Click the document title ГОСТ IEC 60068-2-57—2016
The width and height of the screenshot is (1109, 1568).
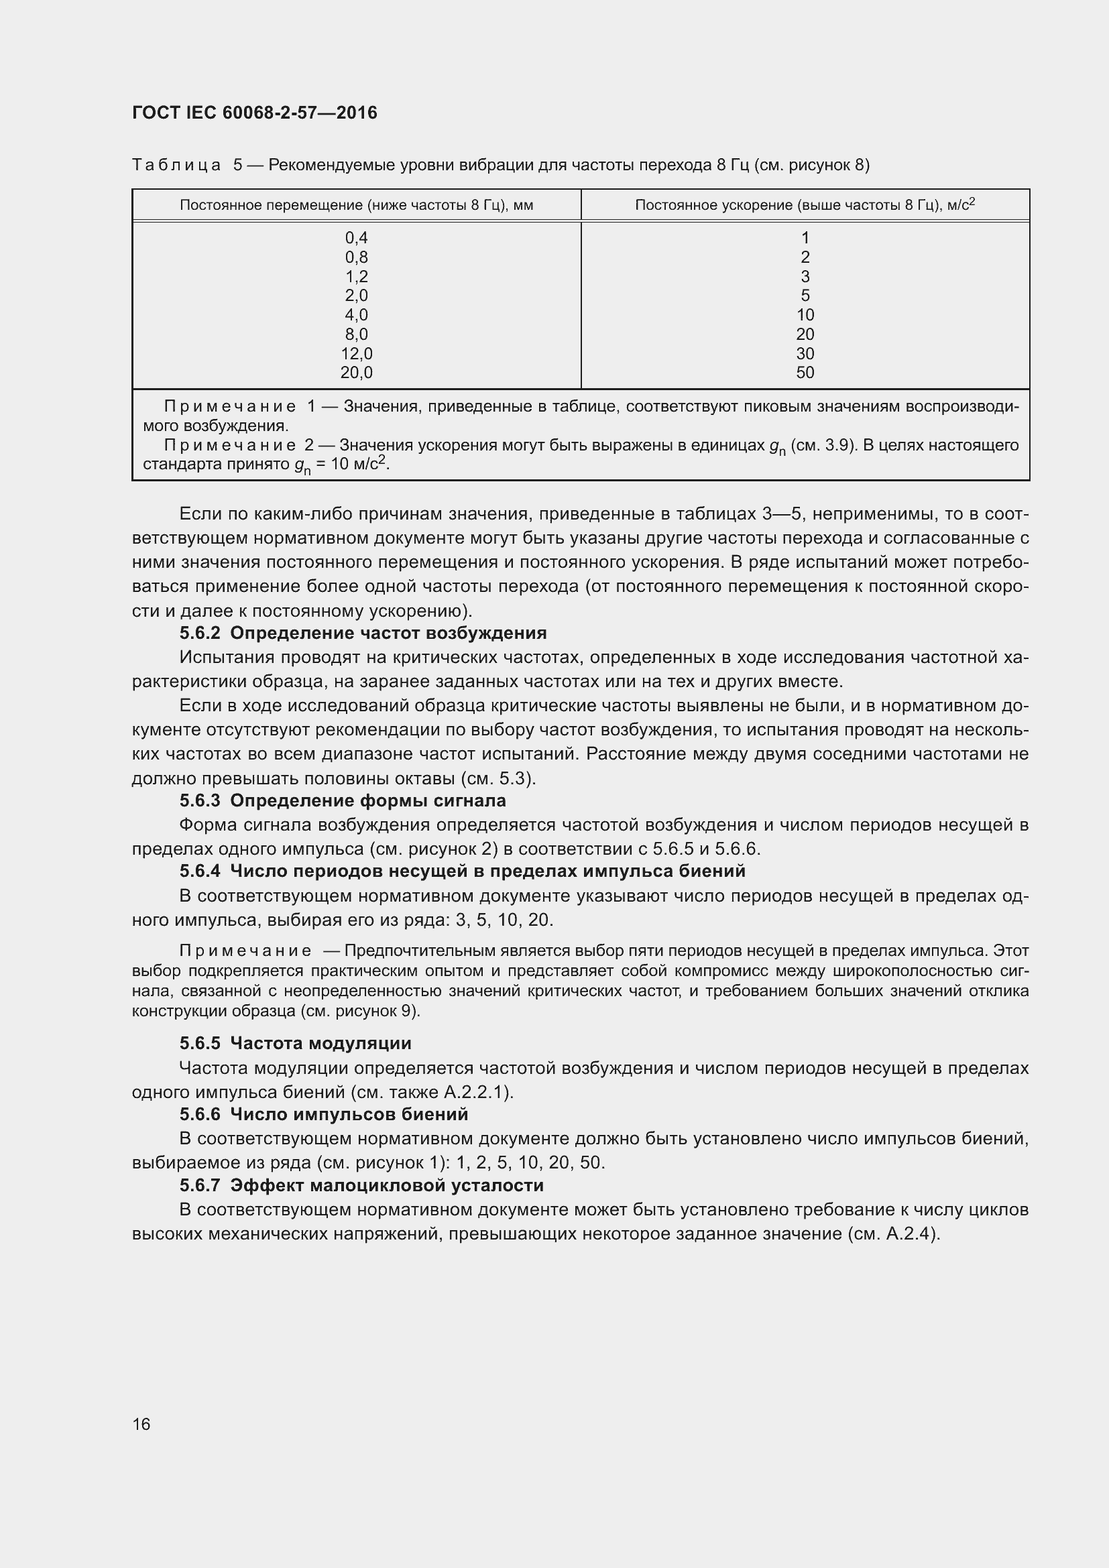click(254, 113)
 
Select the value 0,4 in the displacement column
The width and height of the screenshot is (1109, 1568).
click(357, 238)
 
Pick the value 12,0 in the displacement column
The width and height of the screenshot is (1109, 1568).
click(357, 354)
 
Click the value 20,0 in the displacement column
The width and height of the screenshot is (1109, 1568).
click(357, 373)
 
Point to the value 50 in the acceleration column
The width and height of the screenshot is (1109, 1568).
click(805, 373)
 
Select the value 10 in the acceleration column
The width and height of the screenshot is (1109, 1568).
click(805, 315)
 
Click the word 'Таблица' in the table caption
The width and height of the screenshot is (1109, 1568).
click(176, 166)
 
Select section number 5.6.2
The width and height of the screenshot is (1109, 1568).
click(199, 633)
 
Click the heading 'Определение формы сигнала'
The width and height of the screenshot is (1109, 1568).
click(368, 800)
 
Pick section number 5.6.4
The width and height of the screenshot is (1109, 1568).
click(199, 871)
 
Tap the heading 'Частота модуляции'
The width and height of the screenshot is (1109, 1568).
click(321, 1044)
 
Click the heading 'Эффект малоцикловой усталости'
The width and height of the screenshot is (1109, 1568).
click(387, 1186)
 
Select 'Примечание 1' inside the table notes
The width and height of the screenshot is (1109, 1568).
click(239, 407)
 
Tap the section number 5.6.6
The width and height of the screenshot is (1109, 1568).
click(199, 1115)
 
